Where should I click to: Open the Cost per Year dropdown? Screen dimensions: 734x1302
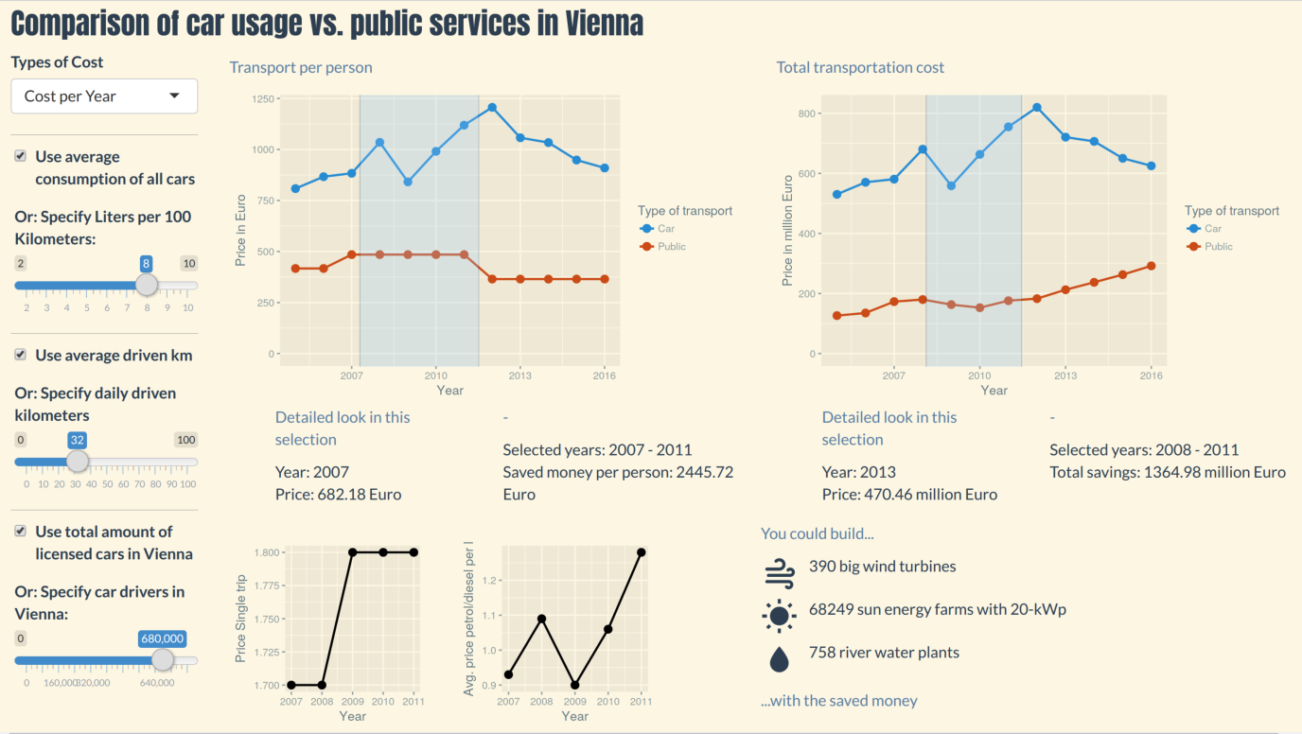click(104, 96)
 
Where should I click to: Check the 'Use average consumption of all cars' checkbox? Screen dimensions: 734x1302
click(20, 156)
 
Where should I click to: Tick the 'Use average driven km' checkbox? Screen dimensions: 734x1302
click(20, 355)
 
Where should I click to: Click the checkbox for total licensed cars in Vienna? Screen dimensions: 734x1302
click(20, 531)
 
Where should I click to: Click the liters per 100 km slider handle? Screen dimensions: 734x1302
click(146, 285)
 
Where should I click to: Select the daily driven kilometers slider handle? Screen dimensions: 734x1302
click(78, 462)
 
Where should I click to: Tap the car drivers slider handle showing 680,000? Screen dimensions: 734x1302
click(162, 660)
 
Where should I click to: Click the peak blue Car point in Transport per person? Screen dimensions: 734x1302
click(492, 108)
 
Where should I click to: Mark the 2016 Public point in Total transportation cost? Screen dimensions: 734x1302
click(1151, 266)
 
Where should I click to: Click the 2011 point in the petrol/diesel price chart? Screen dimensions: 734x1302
click(641, 552)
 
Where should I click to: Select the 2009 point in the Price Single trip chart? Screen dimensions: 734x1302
click(353, 552)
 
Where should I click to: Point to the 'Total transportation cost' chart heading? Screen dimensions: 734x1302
click(860, 67)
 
